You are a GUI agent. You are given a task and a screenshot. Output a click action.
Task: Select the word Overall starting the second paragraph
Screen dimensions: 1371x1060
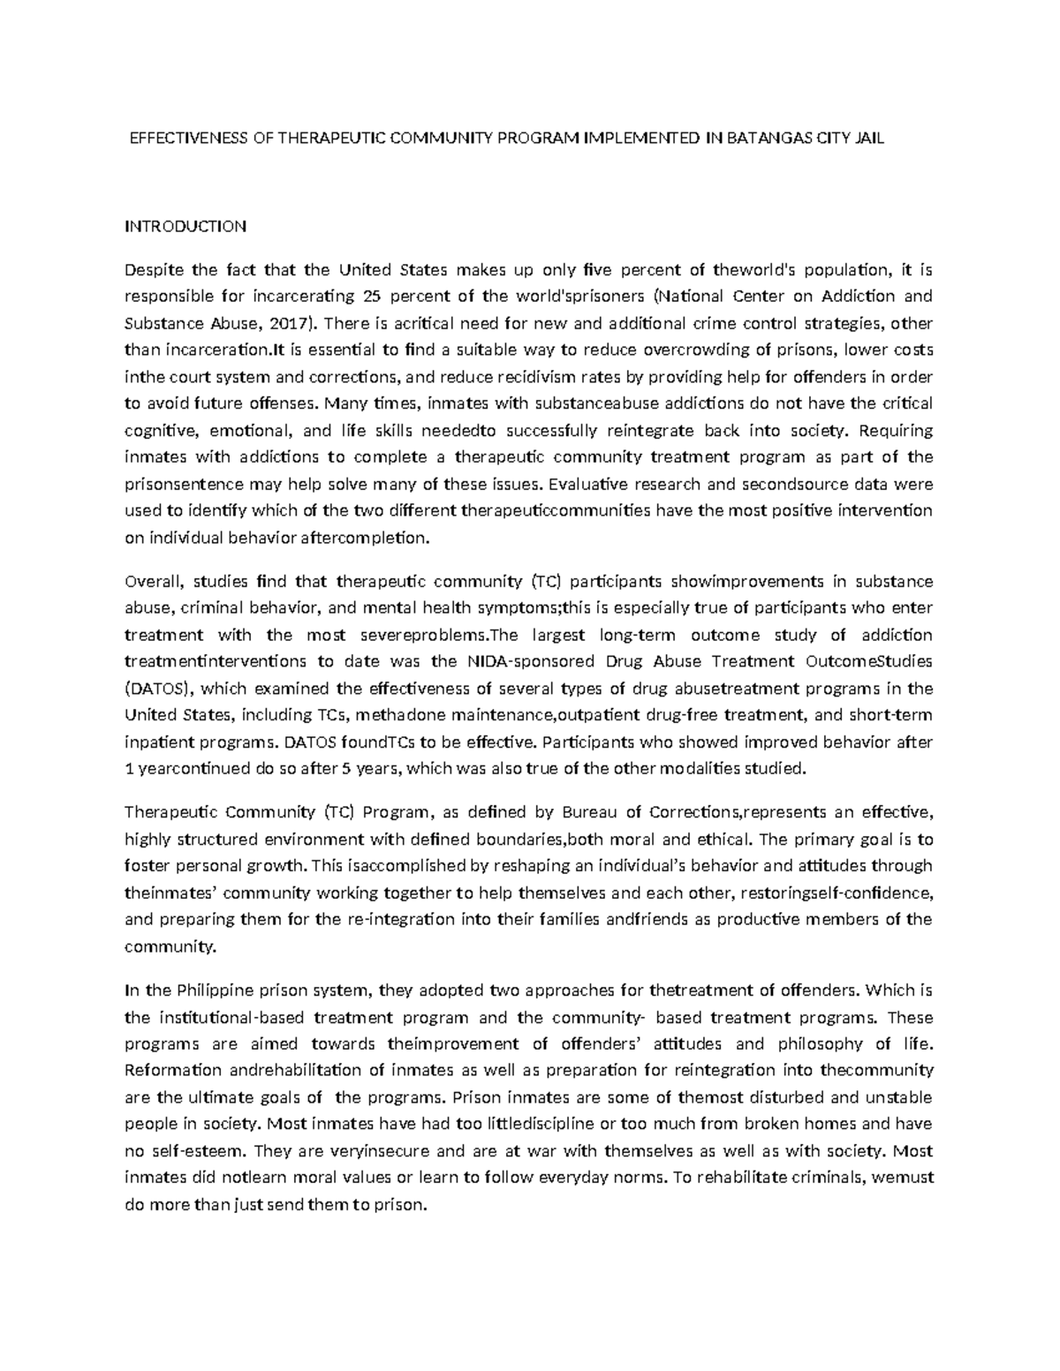coord(153,581)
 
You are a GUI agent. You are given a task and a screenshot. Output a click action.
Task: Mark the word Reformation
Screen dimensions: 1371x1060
coord(173,1071)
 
